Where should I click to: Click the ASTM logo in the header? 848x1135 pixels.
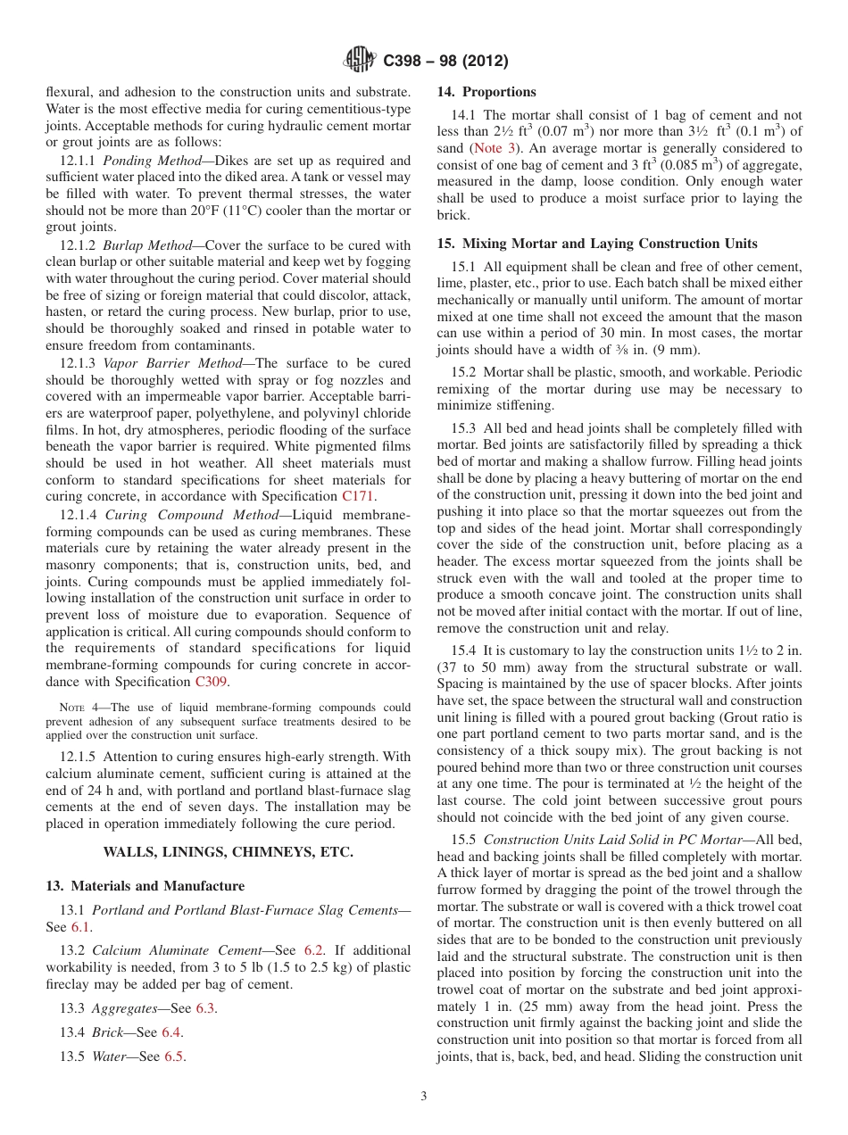pyautogui.click(x=360, y=61)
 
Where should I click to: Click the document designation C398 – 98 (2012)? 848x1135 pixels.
pyautogui.click(x=445, y=62)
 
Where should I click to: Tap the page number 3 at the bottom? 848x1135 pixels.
pyautogui.click(x=424, y=1096)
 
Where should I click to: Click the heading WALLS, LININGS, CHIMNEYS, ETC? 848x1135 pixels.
pyautogui.click(x=229, y=852)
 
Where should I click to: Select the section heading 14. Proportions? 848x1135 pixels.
pyautogui.click(x=486, y=92)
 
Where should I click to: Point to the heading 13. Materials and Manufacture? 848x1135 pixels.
pyautogui.click(x=145, y=886)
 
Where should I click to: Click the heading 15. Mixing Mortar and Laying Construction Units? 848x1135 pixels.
pyautogui.click(x=597, y=244)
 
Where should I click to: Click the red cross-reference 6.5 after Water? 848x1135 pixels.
pyautogui.click(x=174, y=1056)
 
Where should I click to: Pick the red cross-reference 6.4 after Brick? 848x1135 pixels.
pyautogui.click(x=171, y=1032)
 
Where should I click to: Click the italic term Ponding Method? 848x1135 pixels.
pyautogui.click(x=150, y=161)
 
